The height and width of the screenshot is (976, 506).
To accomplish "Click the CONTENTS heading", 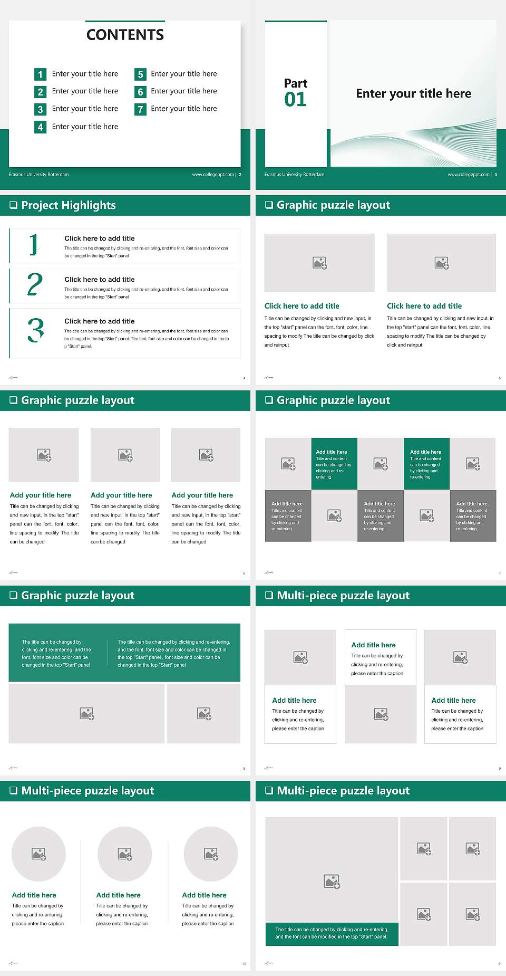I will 125,35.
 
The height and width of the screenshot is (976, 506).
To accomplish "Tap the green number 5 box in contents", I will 140,74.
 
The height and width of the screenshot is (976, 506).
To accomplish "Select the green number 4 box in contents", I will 40,127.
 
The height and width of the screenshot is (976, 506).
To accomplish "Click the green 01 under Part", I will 295,99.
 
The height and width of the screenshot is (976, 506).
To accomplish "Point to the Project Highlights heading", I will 68,205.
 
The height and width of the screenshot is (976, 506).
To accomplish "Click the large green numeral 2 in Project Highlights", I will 35,285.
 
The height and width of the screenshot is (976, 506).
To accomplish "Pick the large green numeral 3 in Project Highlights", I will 36,330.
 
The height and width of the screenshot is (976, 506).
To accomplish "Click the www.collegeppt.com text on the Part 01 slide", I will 468,175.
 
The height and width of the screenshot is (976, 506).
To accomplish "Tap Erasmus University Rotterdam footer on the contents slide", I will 38,175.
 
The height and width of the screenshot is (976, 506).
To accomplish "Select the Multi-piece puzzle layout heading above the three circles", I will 87,791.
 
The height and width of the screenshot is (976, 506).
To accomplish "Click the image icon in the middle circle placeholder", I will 125,854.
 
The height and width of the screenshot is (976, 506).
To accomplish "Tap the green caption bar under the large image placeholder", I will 332,933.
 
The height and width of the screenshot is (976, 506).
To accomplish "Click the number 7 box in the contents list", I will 140,109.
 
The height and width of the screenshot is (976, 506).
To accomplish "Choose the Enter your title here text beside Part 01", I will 413,94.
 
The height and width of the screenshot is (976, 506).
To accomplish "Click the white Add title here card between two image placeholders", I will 381,657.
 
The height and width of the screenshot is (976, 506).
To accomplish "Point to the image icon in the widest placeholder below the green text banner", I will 87,714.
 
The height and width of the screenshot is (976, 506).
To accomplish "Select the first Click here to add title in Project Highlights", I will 99,238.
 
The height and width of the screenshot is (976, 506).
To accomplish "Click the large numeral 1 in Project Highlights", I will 34,245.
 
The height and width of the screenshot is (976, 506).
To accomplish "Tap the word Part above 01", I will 295,83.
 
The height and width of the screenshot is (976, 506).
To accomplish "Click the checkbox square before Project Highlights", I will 13,205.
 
